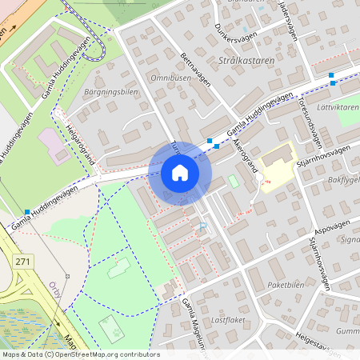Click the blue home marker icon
click(x=180, y=172)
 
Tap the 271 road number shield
click(x=23, y=261)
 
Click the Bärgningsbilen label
click(x=111, y=92)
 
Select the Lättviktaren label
click(x=338, y=106)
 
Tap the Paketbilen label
click(x=288, y=283)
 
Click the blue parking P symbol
click(x=202, y=226)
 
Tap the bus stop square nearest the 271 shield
click(x=27, y=212)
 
